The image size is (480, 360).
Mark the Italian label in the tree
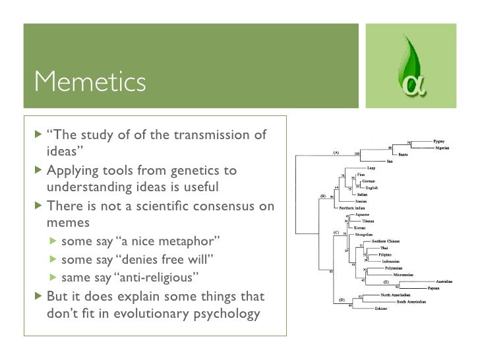362,195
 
